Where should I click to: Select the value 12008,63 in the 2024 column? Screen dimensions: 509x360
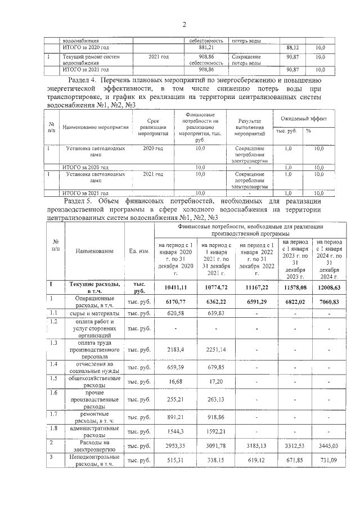tap(330, 287)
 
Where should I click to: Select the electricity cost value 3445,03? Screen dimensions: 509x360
tap(330, 446)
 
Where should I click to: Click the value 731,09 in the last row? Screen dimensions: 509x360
tap(330, 461)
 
